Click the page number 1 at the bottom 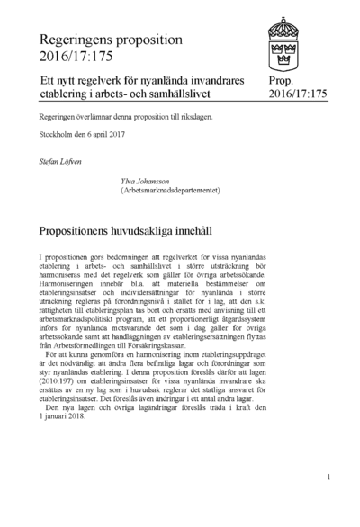329,478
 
